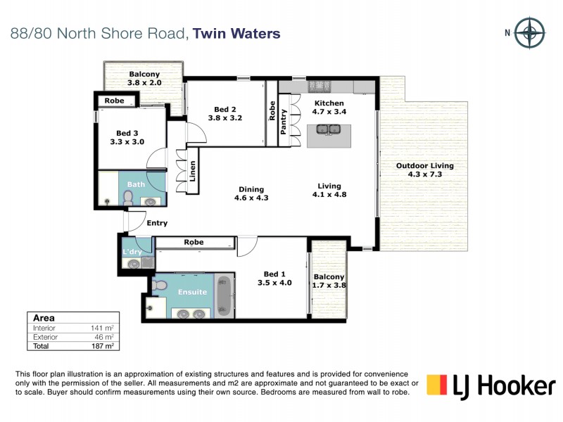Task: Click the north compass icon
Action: click(529, 32)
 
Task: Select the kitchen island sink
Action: click(329, 129)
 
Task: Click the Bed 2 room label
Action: click(225, 109)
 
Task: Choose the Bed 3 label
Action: click(127, 133)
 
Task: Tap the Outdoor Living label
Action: click(424, 166)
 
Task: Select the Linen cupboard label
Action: click(193, 171)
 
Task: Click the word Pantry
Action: click(284, 122)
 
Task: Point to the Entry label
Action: click(157, 224)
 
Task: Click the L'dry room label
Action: click(132, 251)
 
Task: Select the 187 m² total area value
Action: click(103, 346)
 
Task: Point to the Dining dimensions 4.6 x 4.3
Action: click(251, 198)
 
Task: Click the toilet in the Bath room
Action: click(128, 200)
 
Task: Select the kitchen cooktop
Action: click(321, 86)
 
